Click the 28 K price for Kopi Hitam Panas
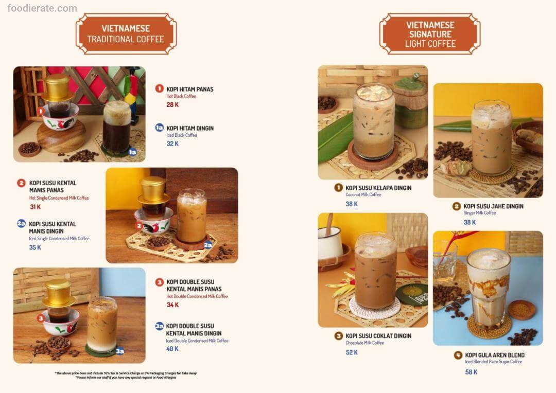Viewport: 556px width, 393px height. click(x=172, y=104)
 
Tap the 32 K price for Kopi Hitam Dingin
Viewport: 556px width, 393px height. click(x=172, y=144)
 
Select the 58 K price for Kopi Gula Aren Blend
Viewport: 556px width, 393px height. click(x=471, y=372)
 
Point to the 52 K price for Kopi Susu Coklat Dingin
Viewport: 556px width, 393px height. click(x=352, y=352)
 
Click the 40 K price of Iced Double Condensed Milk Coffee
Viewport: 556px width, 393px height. click(x=172, y=349)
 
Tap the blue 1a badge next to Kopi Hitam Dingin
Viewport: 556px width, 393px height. click(x=159, y=128)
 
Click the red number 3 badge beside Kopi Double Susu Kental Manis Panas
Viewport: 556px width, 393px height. click(x=159, y=282)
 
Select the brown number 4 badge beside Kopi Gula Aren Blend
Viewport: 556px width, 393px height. click(x=458, y=355)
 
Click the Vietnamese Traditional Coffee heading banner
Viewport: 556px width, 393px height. click(x=126, y=34)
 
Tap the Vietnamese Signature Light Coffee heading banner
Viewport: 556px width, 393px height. click(x=430, y=34)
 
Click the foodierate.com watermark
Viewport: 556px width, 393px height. click(x=42, y=8)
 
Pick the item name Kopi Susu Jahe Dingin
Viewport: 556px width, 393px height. click(x=493, y=206)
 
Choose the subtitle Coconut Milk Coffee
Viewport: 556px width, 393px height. click(x=363, y=194)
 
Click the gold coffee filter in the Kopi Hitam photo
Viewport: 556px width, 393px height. click(x=58, y=88)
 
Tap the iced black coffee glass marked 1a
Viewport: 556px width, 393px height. click(x=117, y=128)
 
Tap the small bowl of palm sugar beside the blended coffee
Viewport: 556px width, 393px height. click(x=521, y=310)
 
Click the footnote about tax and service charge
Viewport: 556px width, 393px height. click(x=126, y=376)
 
